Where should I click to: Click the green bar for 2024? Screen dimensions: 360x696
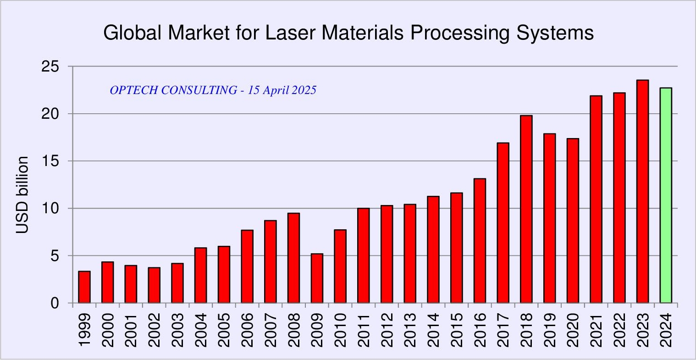(666, 195)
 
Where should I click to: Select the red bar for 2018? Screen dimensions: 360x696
(526, 209)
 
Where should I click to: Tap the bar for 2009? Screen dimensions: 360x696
(317, 278)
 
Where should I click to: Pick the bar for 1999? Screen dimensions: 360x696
(84, 287)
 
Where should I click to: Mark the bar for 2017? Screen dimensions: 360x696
(503, 223)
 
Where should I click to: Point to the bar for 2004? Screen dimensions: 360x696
(200, 275)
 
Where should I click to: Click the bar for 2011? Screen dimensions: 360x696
(364, 255)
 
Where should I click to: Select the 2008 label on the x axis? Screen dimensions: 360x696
(293, 330)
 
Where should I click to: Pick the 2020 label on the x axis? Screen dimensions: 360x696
(573, 330)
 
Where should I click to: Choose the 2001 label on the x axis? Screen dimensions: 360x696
(131, 330)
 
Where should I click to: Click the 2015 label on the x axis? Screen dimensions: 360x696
(457, 330)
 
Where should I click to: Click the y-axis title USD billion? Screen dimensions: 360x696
(22, 195)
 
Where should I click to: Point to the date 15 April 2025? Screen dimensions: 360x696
(282, 90)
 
